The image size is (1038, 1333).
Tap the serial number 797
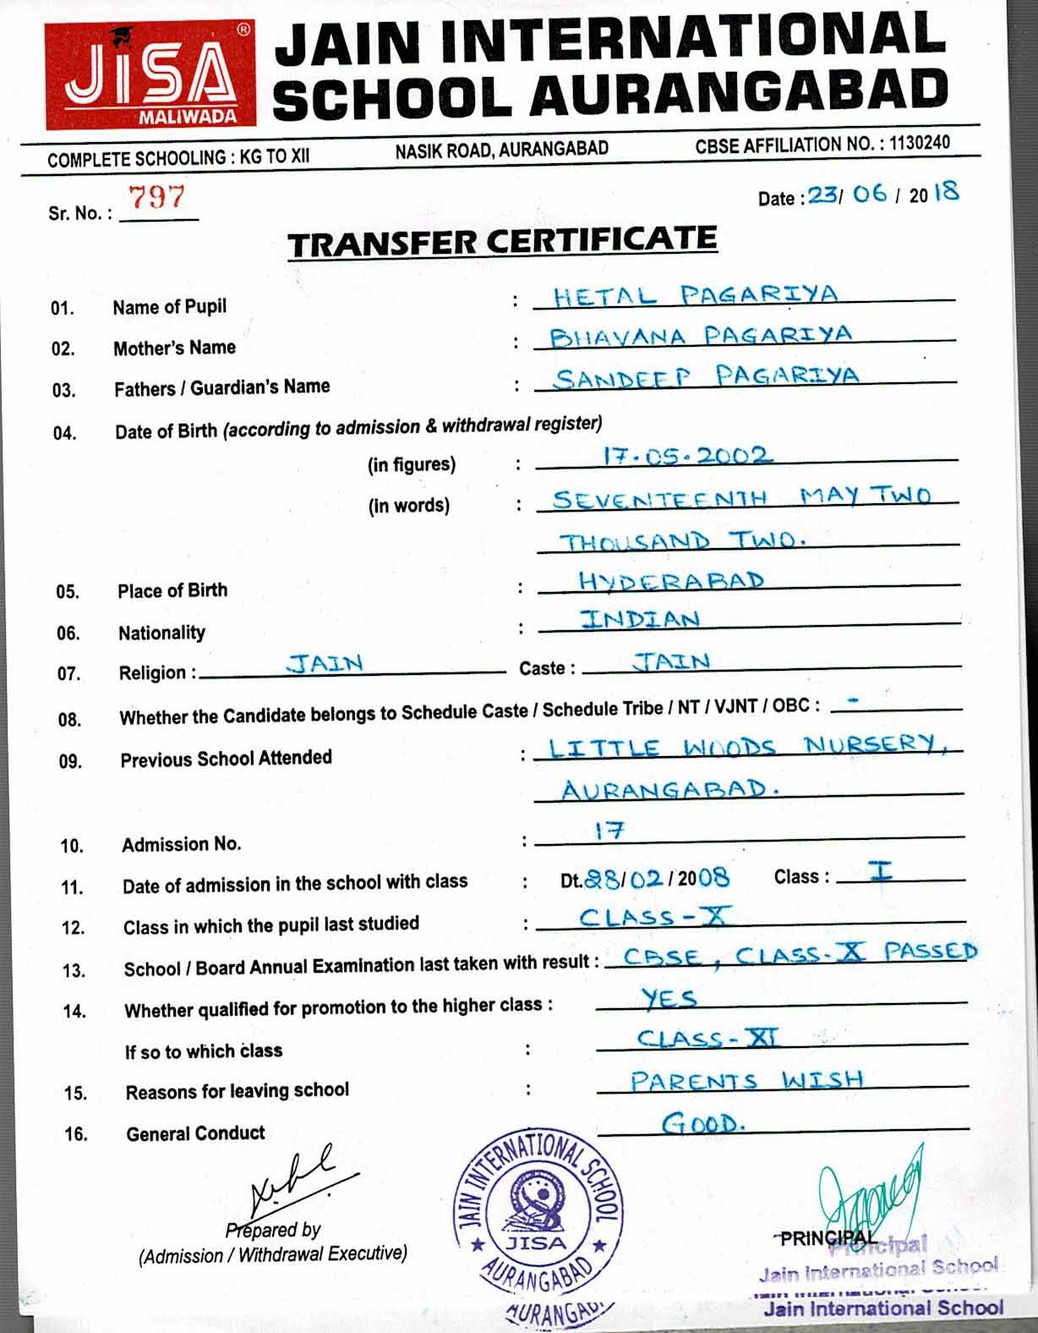156,197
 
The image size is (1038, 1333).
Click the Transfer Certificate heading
502,242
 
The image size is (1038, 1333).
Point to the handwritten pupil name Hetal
604,297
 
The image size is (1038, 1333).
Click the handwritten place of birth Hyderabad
671,580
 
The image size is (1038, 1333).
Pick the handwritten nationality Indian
640,619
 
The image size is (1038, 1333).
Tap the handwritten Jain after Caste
671,661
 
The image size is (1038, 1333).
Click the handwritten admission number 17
609,831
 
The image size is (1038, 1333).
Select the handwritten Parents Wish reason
746,1080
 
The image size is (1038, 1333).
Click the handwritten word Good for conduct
703,1123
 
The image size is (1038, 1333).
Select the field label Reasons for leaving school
237,1091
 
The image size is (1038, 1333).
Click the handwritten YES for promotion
669,999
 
